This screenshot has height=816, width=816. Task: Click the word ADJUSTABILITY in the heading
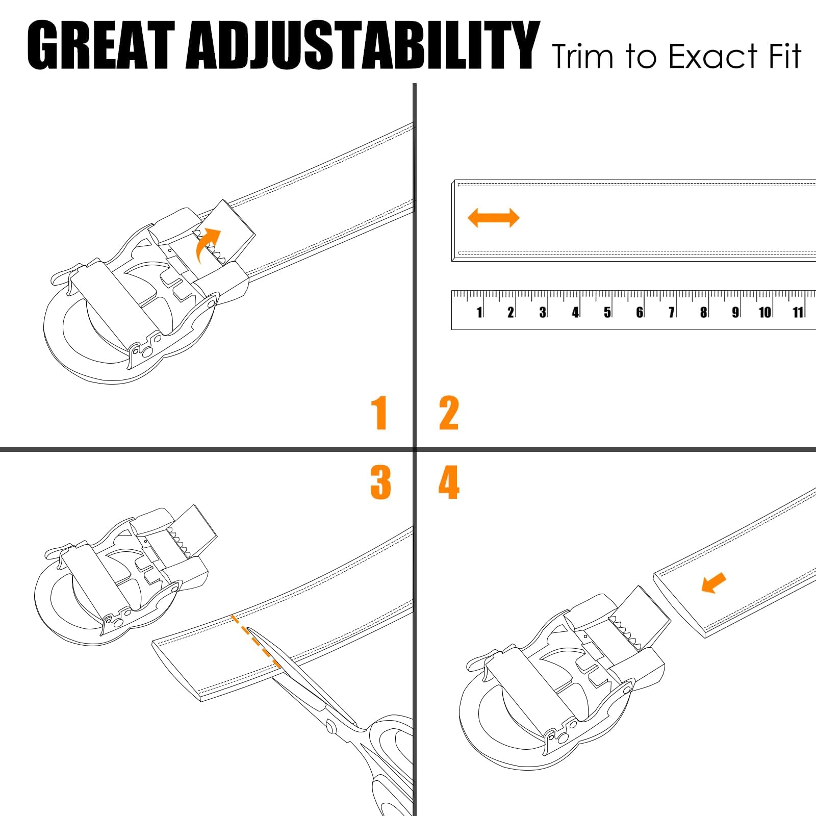pos(363,45)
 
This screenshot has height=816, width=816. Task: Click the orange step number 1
pos(379,413)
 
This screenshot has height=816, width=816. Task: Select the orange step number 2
pos(449,413)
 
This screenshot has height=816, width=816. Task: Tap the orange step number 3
pos(380,482)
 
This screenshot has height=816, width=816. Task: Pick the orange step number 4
pos(449,482)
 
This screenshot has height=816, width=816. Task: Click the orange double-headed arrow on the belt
pos(494,218)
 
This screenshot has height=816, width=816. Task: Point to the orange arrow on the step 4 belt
pos(714,582)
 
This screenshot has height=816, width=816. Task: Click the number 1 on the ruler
pos(479,312)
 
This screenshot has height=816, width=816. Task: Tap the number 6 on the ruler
pos(640,312)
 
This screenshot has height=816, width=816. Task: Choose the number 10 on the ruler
pos(764,312)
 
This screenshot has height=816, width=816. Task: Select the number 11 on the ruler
pos(798,312)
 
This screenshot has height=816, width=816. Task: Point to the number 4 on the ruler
pos(575,312)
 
